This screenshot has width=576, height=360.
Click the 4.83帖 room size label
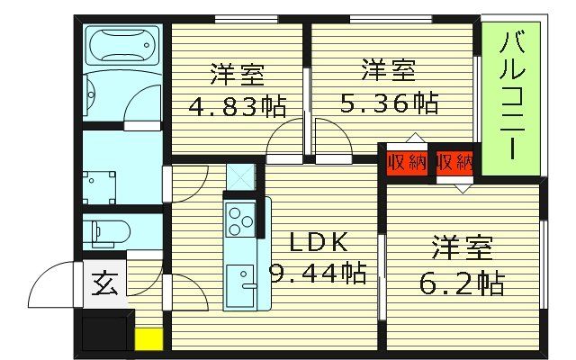coord(236,107)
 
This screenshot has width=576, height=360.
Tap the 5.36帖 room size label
coord(389,103)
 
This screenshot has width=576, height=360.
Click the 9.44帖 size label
coord(319,272)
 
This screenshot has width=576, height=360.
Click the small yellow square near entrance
coord(148,341)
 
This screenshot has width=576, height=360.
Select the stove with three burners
coord(240,220)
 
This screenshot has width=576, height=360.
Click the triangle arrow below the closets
coord(463,188)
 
